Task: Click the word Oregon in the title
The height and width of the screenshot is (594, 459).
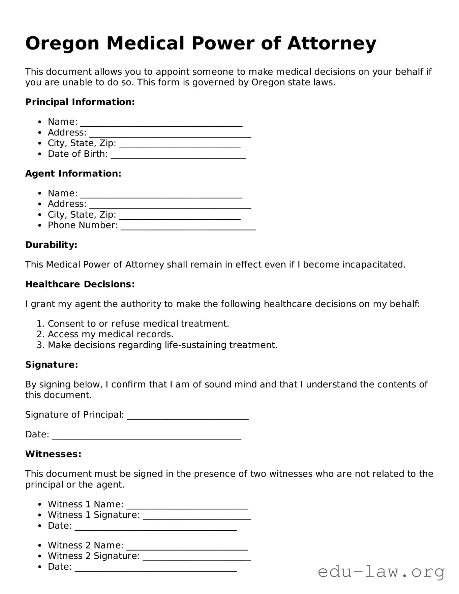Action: point(62,44)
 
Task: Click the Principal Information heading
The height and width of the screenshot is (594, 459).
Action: point(80,102)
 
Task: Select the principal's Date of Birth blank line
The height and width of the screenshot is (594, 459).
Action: point(178,156)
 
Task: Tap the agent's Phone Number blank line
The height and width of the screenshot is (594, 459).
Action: point(188,227)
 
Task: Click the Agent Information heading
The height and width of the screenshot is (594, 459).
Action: point(73,174)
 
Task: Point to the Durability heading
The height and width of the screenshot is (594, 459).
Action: point(51,245)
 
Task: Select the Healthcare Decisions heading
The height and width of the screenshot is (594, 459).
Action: point(80,284)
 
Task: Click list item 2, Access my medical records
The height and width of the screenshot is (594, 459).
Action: point(111,334)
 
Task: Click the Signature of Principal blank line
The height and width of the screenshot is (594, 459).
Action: point(188,416)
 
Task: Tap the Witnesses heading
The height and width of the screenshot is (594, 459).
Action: point(53,454)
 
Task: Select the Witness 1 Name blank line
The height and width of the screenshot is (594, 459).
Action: point(187,506)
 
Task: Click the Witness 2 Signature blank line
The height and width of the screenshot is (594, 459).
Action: point(196,558)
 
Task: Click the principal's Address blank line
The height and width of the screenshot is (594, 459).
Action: point(170,134)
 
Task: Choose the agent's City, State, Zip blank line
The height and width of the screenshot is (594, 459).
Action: point(180,216)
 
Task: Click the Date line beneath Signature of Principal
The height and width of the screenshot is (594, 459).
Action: point(147,436)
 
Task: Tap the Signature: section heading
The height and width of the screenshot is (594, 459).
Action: point(52,365)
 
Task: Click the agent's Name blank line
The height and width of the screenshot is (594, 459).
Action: point(161,195)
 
